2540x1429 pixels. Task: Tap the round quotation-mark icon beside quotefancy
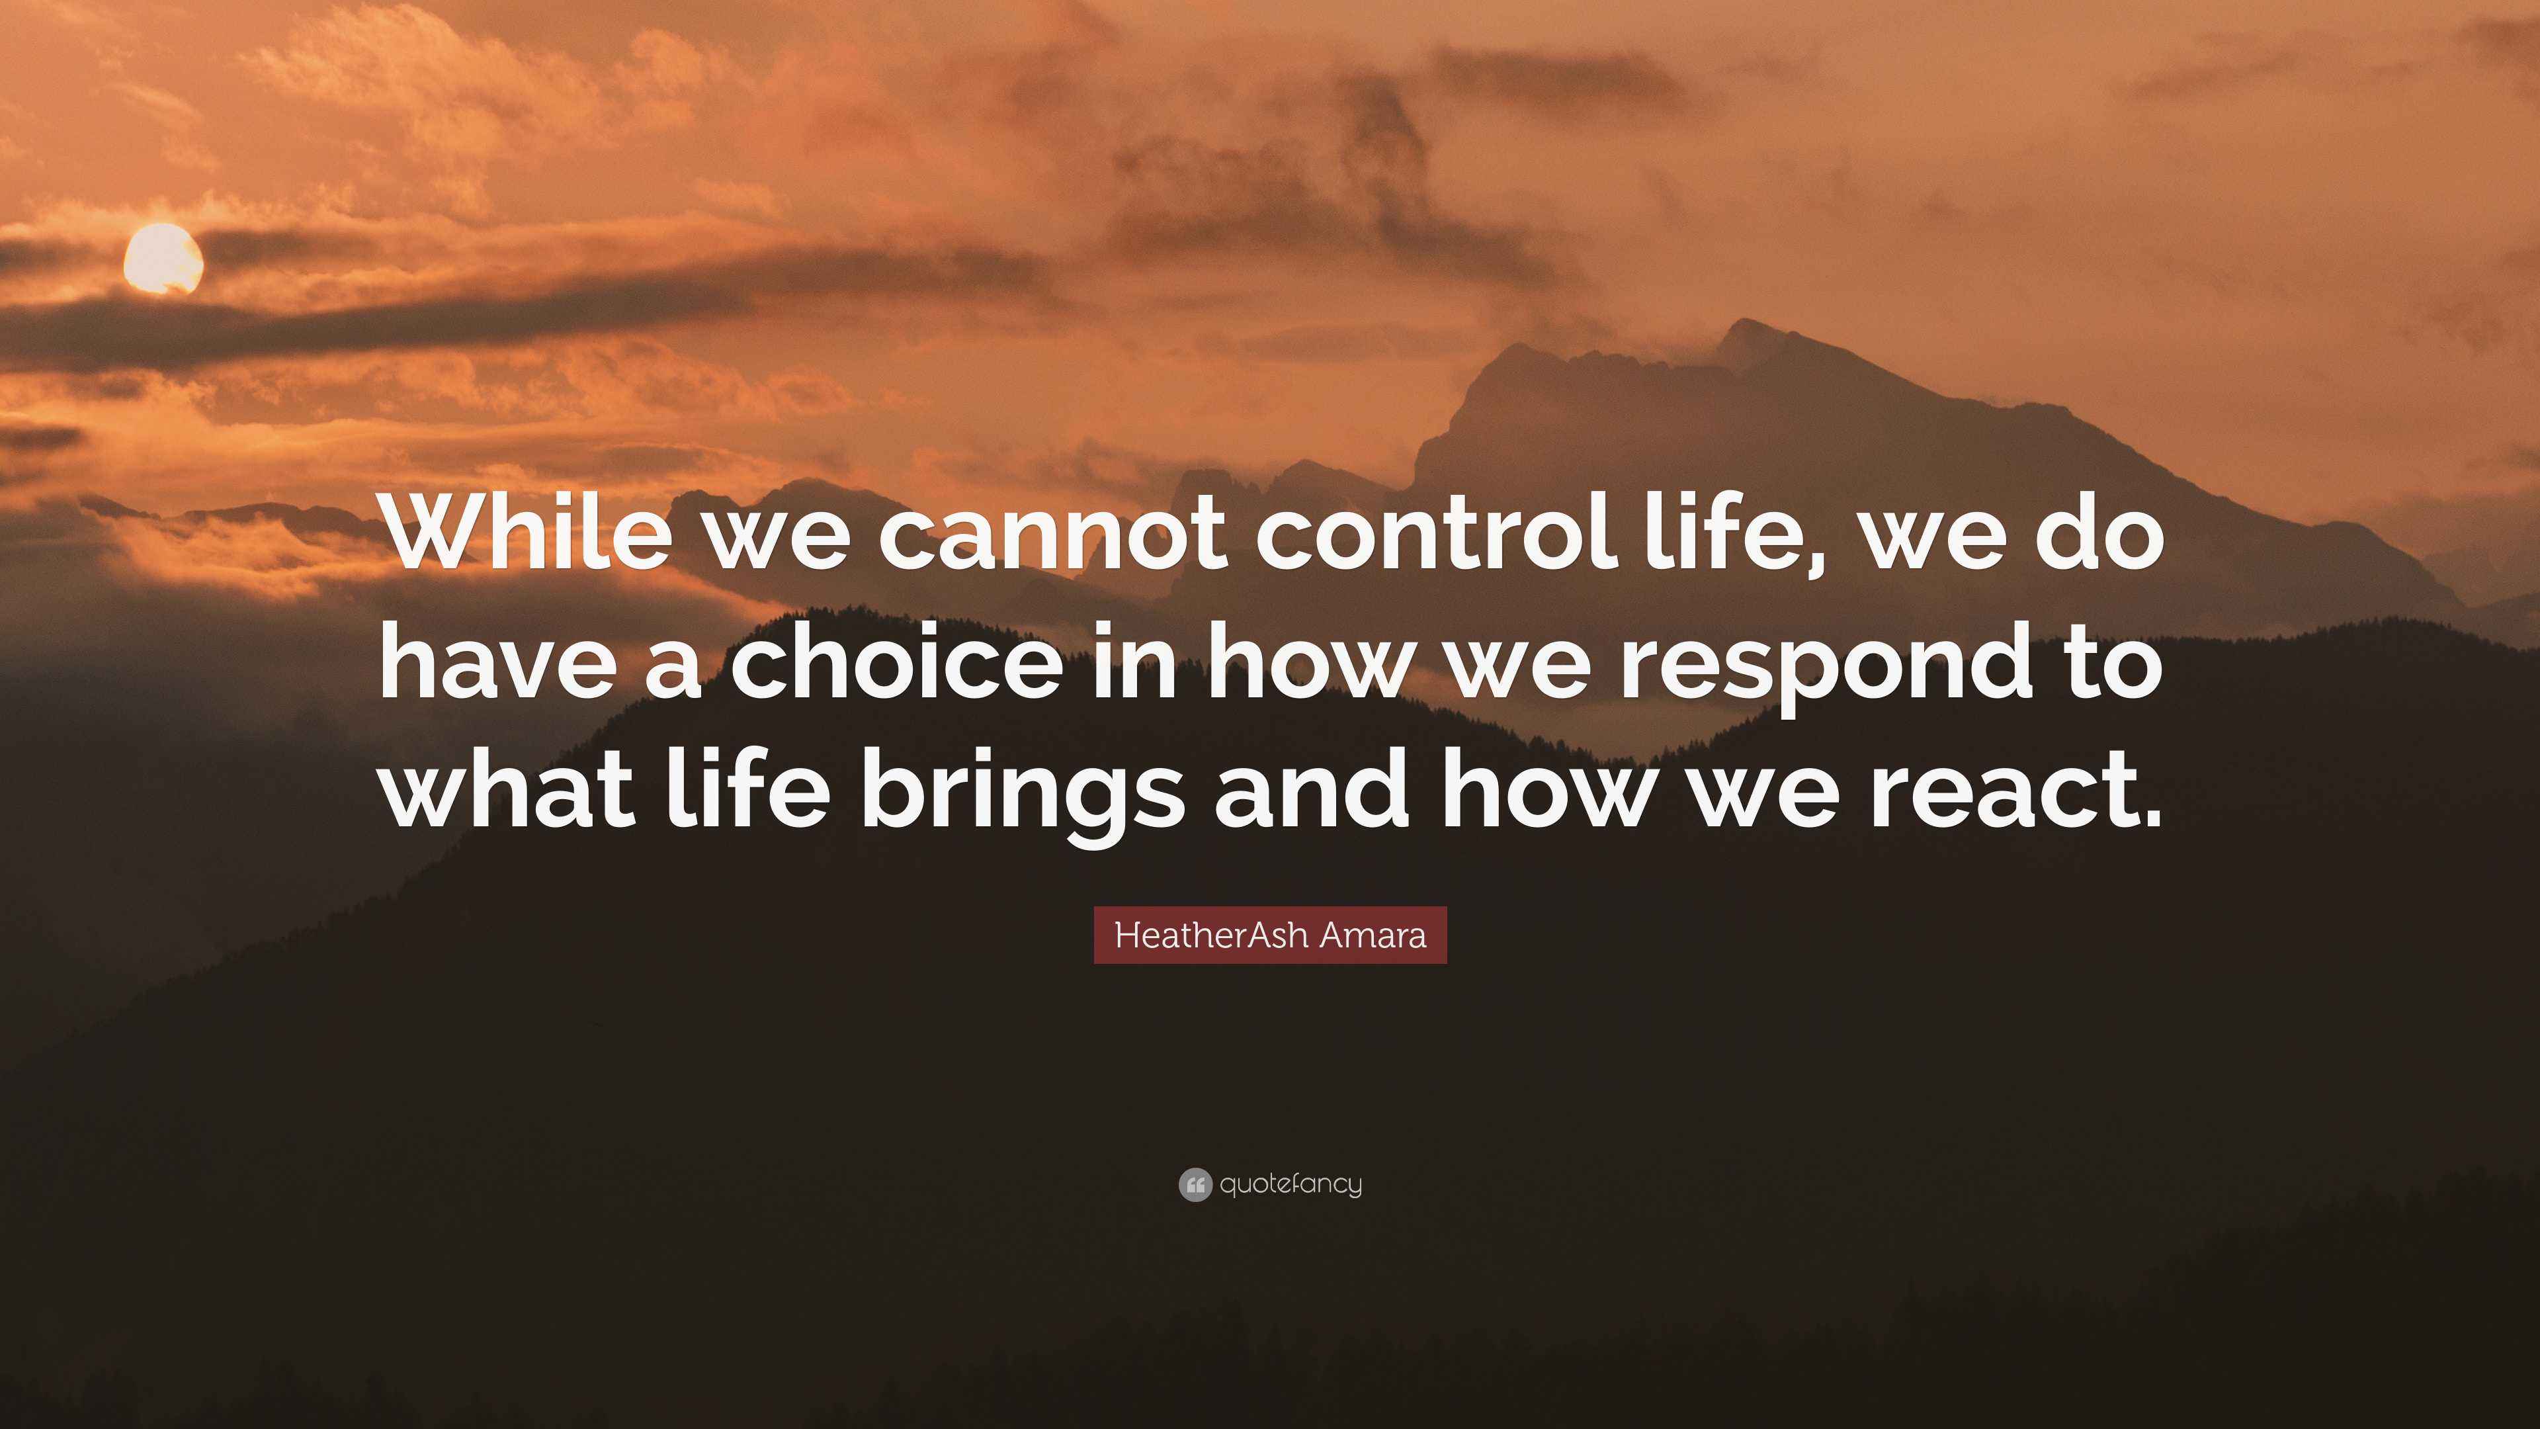point(1194,1184)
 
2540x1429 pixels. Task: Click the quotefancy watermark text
point(1291,1184)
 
